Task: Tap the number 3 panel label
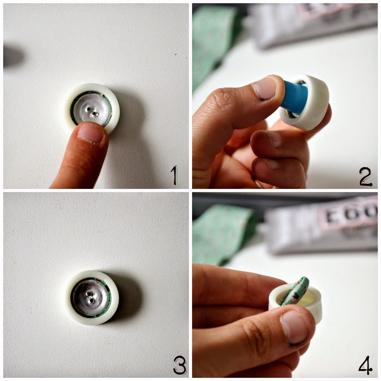point(178,366)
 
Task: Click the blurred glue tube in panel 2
point(314,24)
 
